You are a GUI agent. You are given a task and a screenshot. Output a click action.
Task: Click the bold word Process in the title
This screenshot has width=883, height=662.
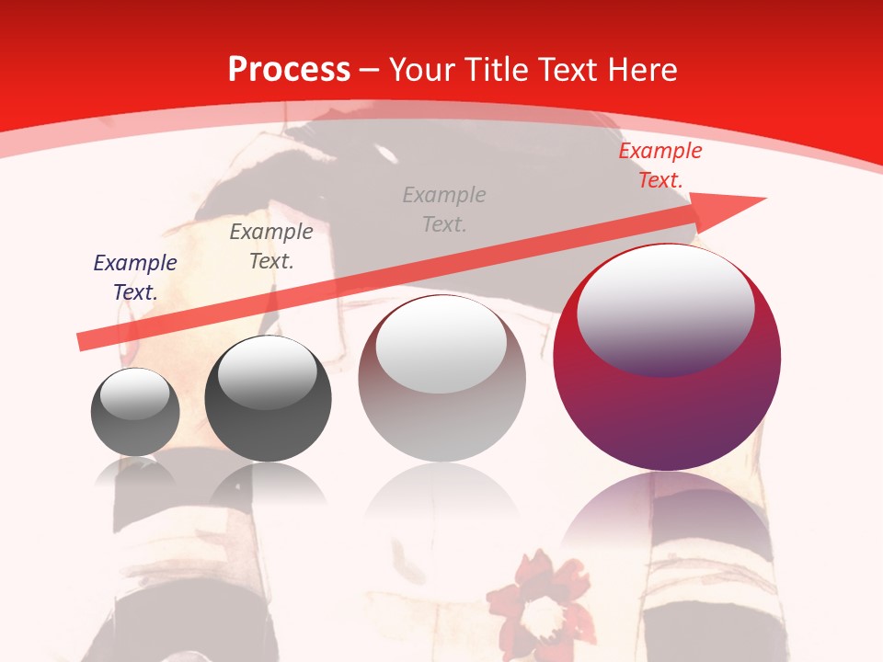tap(289, 70)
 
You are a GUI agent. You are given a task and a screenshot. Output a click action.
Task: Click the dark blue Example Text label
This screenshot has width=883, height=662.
tap(135, 278)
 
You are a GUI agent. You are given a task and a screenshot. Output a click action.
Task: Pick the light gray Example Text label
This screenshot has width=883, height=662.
tap(444, 209)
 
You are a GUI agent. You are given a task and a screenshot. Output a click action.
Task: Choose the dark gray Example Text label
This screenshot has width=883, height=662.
tap(271, 246)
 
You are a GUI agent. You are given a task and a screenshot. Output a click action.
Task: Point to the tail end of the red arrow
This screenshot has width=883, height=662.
tap(83, 341)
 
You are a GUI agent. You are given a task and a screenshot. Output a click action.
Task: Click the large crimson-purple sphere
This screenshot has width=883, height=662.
tap(667, 405)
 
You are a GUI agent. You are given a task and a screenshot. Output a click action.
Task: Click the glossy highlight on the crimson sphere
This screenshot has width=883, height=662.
tap(665, 308)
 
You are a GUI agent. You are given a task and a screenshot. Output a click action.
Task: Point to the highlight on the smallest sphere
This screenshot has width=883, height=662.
tap(134, 394)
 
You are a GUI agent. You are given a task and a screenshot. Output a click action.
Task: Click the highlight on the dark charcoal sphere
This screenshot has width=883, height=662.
tap(267, 372)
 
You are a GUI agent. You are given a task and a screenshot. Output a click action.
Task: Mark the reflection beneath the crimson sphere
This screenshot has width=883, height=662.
tap(667, 524)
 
